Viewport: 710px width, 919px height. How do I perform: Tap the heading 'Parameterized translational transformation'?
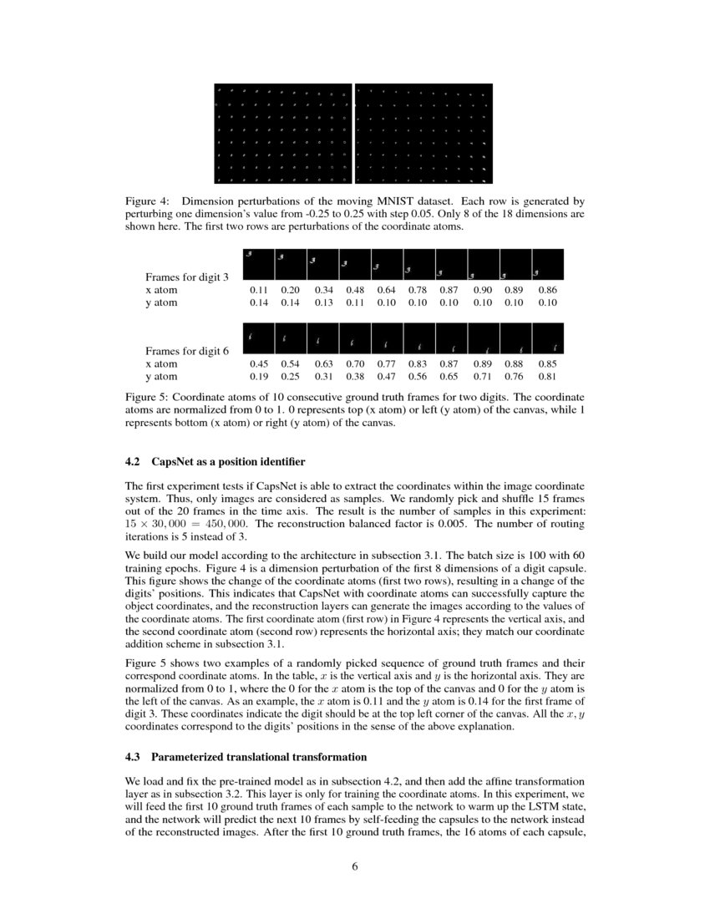click(259, 757)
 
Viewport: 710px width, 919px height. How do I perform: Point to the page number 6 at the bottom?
click(355, 866)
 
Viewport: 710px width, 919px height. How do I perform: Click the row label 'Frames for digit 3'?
click(187, 277)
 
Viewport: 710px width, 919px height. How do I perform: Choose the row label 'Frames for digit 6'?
click(187, 351)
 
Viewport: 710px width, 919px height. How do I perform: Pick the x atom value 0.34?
click(323, 290)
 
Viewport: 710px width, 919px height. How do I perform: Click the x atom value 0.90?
click(483, 290)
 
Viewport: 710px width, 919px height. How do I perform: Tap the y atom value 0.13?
click(323, 302)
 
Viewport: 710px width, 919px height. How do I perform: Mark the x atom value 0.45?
click(260, 364)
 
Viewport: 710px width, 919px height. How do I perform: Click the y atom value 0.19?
click(260, 377)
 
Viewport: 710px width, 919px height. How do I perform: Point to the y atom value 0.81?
click(547, 377)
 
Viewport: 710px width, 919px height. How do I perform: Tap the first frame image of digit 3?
click(259, 264)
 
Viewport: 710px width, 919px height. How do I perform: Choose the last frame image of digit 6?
click(548, 338)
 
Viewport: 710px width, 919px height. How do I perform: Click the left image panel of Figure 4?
click(283, 134)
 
